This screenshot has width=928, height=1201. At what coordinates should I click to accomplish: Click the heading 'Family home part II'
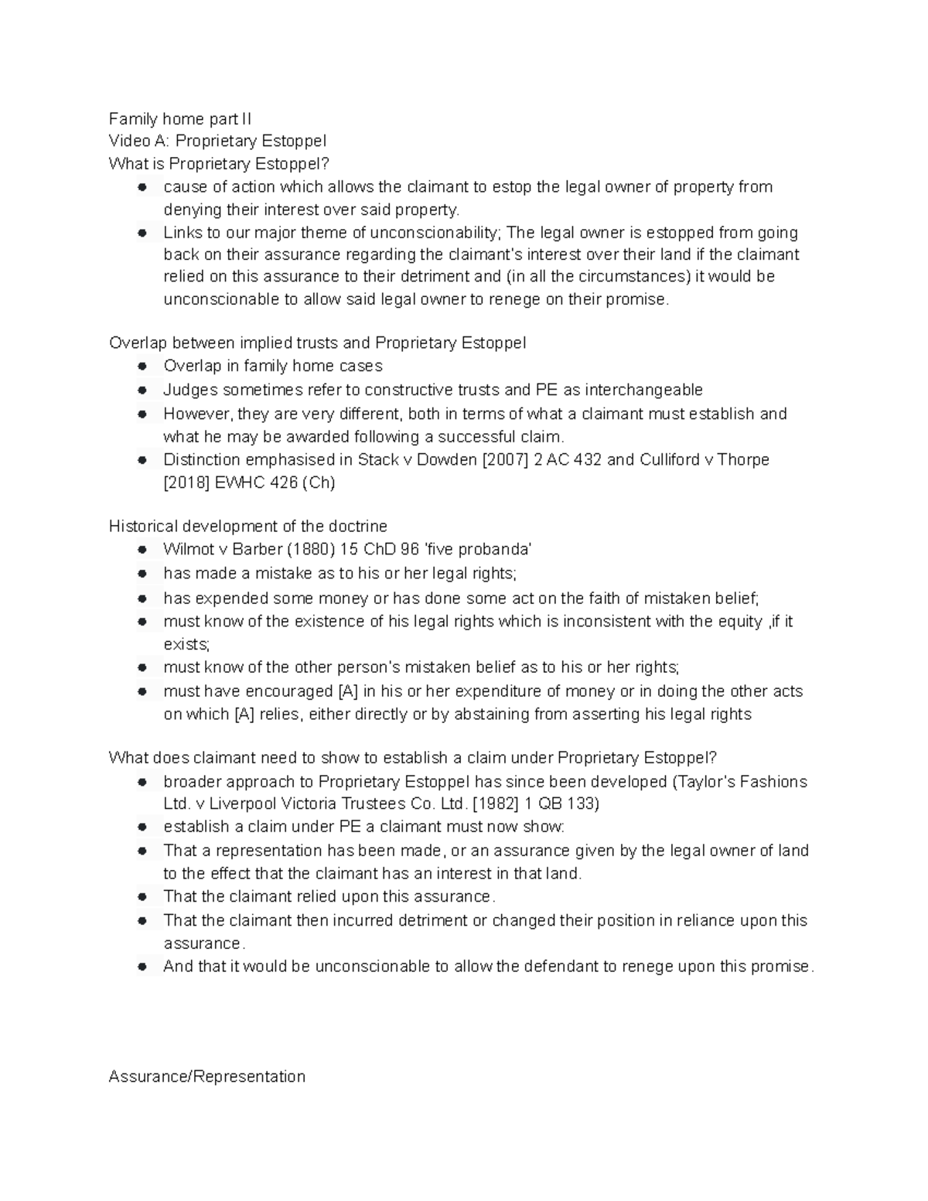tap(180, 119)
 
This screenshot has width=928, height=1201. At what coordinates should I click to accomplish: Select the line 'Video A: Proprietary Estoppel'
tap(217, 141)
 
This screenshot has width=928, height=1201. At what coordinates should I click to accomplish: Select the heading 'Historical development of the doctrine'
tap(247, 527)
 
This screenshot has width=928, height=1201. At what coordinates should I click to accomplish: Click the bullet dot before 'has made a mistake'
tap(142, 574)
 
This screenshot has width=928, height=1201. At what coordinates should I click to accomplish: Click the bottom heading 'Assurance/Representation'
tap(207, 1076)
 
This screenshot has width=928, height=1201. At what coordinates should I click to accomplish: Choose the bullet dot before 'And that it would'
tap(142, 967)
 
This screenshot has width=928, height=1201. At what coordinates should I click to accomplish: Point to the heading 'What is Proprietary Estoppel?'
tap(219, 164)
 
